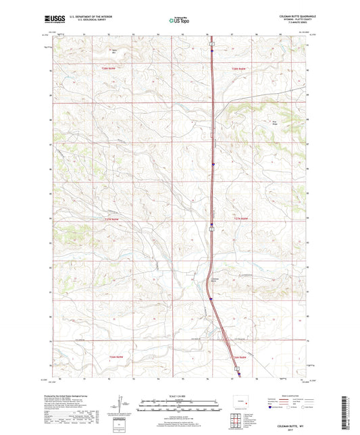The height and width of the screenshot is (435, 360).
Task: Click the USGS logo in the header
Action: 51,20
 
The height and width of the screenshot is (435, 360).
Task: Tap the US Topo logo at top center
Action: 179,21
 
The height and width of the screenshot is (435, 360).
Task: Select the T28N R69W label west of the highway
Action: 109,68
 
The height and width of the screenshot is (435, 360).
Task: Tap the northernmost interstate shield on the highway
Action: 211,49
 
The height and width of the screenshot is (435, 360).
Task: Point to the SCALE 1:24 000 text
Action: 180,395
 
